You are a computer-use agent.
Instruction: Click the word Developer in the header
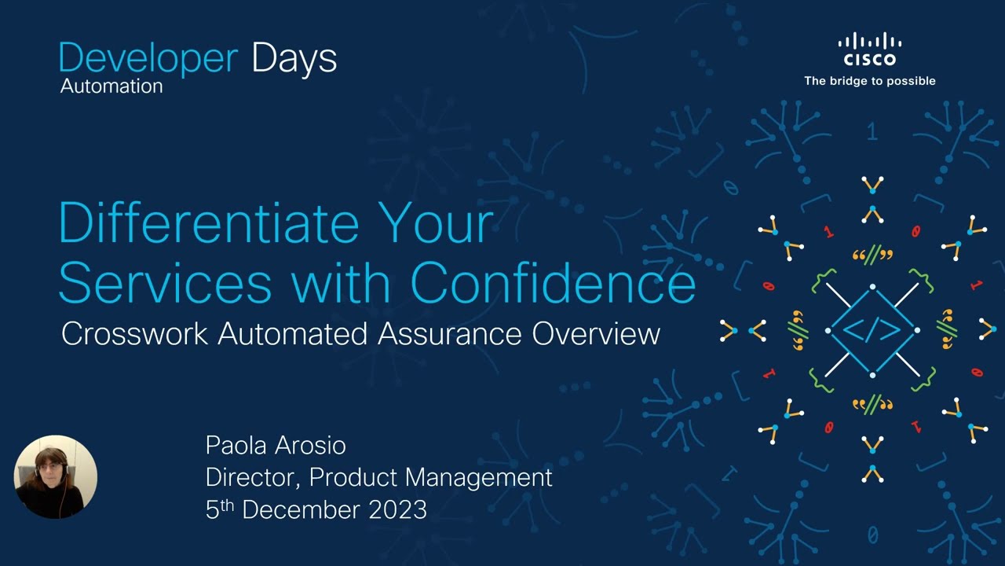pyautogui.click(x=148, y=60)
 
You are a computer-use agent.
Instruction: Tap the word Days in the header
pyautogui.click(x=294, y=60)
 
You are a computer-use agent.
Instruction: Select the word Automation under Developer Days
pyautogui.click(x=111, y=86)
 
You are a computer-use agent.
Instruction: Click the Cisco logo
pyautogui.click(x=869, y=50)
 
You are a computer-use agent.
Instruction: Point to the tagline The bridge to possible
pyautogui.click(x=869, y=81)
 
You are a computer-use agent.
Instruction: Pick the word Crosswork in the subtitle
pyautogui.click(x=134, y=334)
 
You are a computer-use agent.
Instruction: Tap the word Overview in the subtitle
pyautogui.click(x=596, y=334)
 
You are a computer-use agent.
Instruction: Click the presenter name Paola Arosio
pyautogui.click(x=276, y=446)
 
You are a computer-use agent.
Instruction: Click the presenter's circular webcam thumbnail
pyautogui.click(x=56, y=476)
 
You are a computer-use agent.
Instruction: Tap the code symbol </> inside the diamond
pyautogui.click(x=872, y=330)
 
